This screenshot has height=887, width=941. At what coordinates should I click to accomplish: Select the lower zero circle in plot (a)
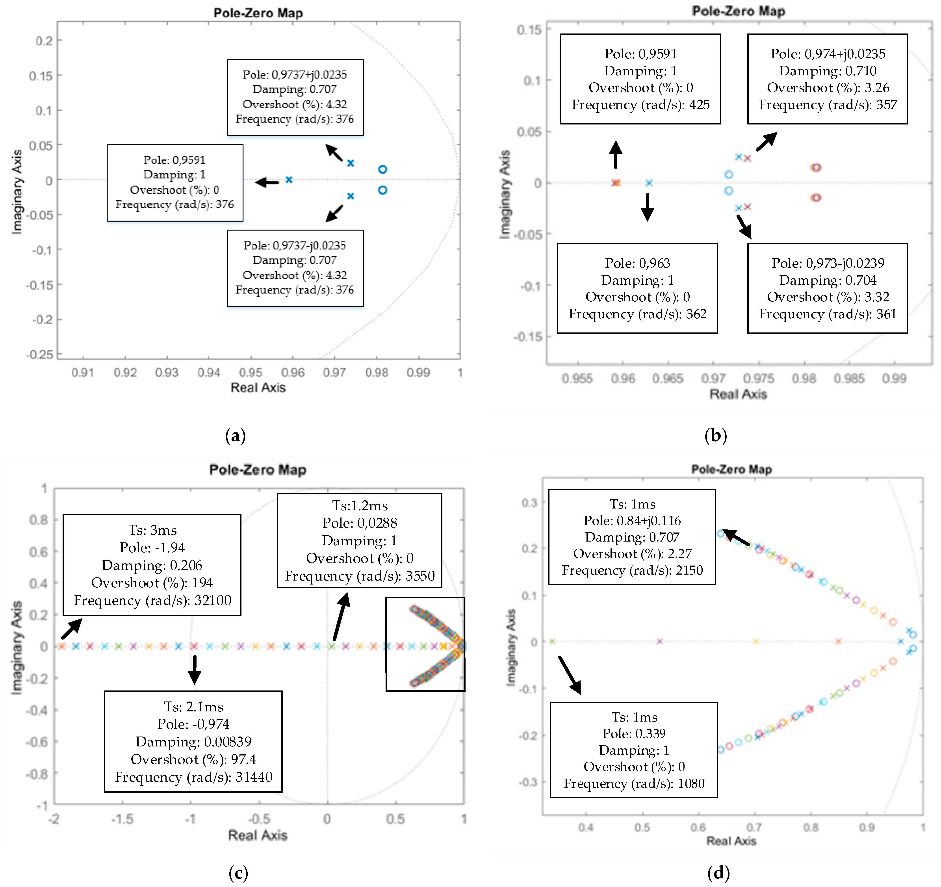click(x=382, y=190)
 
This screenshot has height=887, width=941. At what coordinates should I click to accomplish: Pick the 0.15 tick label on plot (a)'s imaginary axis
click(x=41, y=76)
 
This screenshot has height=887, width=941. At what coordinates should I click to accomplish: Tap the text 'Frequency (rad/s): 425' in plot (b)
click(x=640, y=105)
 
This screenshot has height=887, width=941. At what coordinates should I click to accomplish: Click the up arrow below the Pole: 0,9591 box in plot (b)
click(x=615, y=154)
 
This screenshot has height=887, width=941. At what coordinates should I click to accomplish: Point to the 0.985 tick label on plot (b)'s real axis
click(x=849, y=379)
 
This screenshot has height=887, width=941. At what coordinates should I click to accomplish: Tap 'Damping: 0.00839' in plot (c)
click(x=194, y=741)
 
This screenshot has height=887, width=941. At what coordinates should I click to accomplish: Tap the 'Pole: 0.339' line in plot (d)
click(x=634, y=734)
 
